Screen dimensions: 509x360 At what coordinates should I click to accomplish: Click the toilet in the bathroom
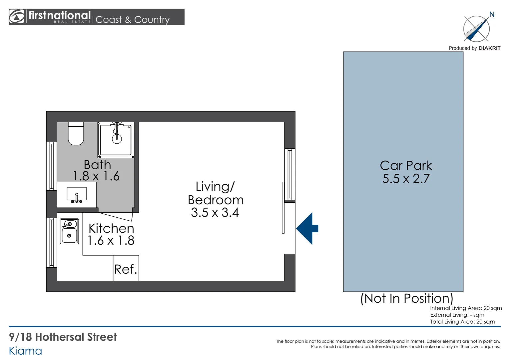pos(76,133)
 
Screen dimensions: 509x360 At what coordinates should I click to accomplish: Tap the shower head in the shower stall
pos(117,139)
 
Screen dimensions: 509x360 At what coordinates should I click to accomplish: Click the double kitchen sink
pos(69,231)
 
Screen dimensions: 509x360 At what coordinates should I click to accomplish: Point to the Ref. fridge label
pos(126,269)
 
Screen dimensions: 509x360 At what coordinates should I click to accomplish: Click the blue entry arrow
pos(307,228)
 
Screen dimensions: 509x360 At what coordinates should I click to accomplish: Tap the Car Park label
pos(406,165)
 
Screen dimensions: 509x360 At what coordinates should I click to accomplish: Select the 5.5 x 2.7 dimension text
pos(406,179)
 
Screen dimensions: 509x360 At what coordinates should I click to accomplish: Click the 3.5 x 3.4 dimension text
pos(215,213)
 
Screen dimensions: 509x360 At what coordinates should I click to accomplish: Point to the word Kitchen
pos(111,228)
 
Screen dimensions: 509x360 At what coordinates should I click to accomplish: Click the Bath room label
pos(98,165)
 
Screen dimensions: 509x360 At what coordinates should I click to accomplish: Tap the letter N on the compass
pos(492,15)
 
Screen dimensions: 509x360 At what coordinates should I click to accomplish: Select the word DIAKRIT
pos(489,48)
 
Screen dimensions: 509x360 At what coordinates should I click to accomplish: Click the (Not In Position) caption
pos(407,298)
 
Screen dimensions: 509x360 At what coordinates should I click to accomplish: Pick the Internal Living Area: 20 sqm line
pos(466,308)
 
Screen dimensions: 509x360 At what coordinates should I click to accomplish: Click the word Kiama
pos(25,351)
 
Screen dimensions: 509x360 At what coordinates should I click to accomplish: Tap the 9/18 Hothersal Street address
pos(63,337)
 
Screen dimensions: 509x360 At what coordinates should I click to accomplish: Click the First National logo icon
pos(16,16)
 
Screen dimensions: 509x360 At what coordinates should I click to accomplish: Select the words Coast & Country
pos(133,20)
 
